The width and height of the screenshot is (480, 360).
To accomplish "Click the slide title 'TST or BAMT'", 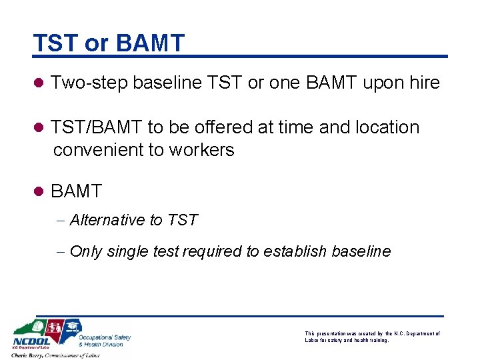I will point(109,43).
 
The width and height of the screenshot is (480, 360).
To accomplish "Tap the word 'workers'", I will point(201,150).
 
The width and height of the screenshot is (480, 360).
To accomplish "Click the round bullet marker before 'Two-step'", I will point(39,83).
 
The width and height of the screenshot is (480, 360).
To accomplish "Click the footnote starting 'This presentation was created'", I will point(371,337).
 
